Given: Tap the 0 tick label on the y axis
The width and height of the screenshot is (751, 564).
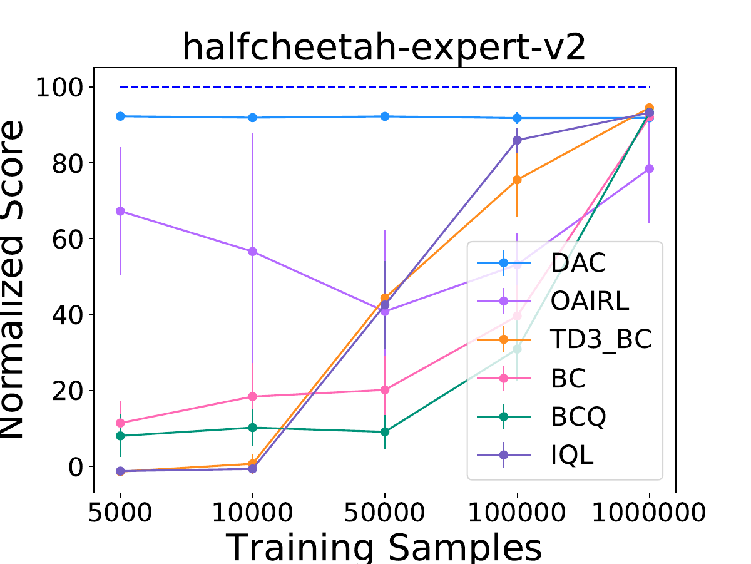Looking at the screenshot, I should click(76, 467).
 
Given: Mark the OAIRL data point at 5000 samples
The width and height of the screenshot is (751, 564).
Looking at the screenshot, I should click(120, 212).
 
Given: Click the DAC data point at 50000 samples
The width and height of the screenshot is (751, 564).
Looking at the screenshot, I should click(385, 116).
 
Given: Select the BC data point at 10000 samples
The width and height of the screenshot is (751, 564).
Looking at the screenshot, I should click(252, 397).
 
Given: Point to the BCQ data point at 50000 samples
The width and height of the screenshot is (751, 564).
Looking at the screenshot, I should click(385, 432).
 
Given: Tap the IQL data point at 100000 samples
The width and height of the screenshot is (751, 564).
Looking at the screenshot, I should click(517, 140).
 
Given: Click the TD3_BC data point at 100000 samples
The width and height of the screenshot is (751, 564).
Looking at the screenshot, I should click(517, 180).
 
